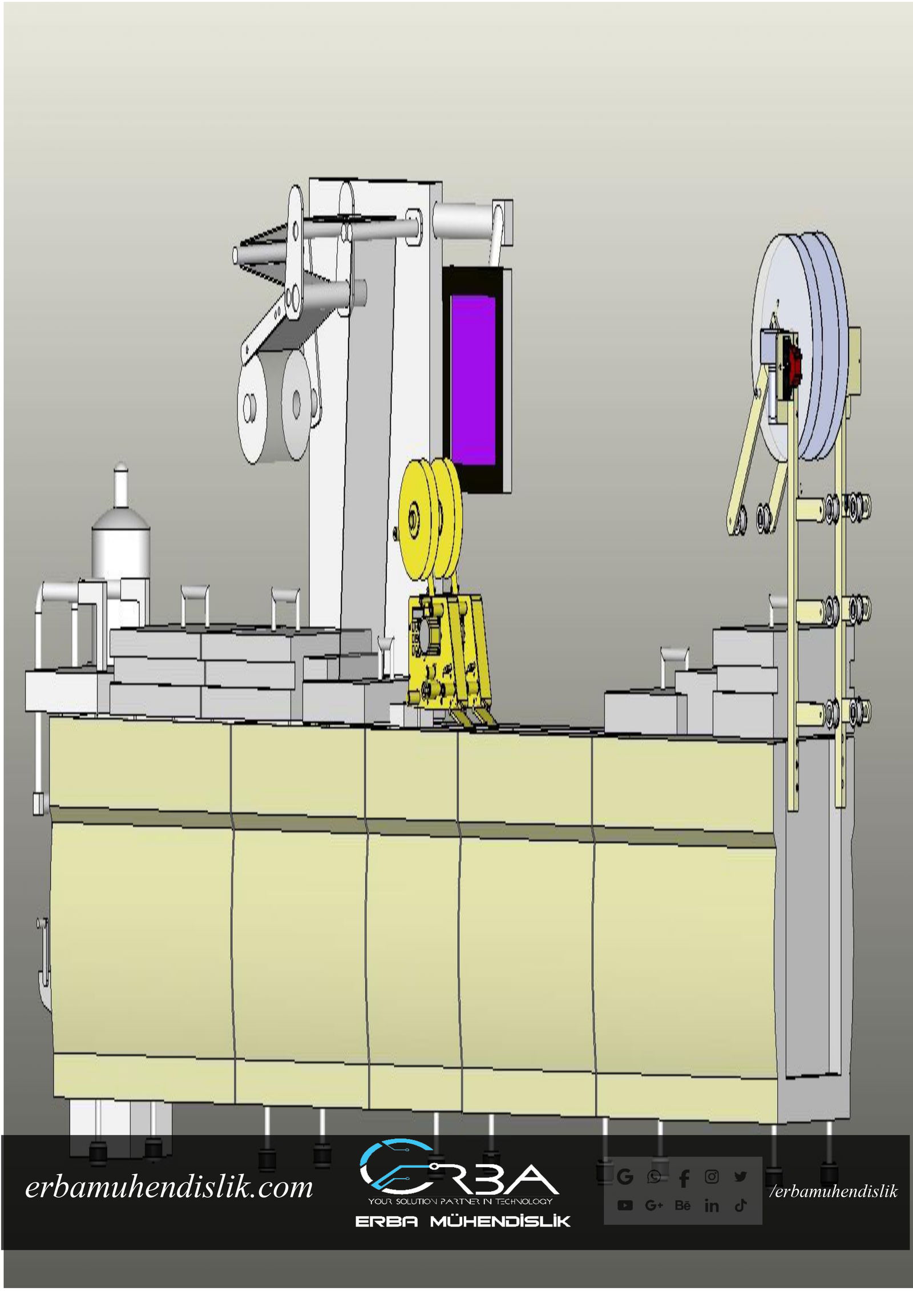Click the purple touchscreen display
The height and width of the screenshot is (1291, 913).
tap(473, 380)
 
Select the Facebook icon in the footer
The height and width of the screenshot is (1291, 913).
tap(684, 1177)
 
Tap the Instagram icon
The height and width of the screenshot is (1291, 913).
tap(712, 1176)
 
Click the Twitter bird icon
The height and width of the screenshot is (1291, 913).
tap(741, 1176)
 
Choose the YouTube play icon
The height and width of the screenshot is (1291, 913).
tap(625, 1205)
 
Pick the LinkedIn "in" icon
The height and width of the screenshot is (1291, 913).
tap(712, 1205)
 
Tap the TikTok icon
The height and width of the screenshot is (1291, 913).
tap(741, 1205)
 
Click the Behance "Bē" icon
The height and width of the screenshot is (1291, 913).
tap(682, 1205)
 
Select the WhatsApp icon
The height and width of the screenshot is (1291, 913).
tap(654, 1176)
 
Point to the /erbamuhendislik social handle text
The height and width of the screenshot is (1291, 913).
tap(834, 1191)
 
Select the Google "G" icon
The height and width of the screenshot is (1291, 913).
tap(625, 1176)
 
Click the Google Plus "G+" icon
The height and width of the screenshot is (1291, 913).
tap(654, 1205)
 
